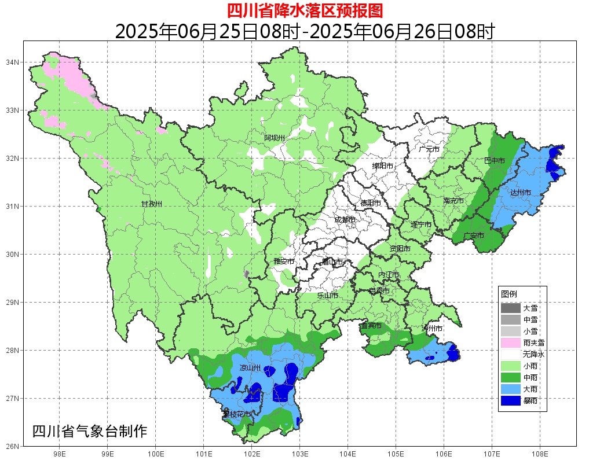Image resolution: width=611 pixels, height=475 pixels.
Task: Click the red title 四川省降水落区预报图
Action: [x=305, y=10]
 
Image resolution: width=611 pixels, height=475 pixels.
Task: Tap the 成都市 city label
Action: [x=346, y=219]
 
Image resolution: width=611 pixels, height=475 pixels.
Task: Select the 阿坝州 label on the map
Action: [x=275, y=138]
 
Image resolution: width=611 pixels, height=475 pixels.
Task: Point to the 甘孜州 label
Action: [x=152, y=204]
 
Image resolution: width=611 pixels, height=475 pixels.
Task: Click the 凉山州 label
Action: [x=250, y=368]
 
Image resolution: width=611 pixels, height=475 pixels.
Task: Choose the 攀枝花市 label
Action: [x=237, y=414]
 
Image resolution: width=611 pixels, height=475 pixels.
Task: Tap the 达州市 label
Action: [x=520, y=192]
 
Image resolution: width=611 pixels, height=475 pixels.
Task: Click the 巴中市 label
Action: [x=494, y=160]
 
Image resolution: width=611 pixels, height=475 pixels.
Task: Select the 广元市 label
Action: [x=429, y=149]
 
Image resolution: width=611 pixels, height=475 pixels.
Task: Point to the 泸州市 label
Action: [x=432, y=328]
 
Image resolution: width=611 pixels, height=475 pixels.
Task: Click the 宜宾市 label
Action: [x=371, y=326]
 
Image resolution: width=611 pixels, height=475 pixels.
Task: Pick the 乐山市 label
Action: [x=327, y=295]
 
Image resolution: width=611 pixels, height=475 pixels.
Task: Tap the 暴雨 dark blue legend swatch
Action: [x=510, y=400]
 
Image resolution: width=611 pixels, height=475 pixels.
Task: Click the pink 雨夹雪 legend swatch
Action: [x=510, y=343]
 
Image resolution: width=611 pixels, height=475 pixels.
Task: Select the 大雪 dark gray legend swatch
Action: [x=510, y=308]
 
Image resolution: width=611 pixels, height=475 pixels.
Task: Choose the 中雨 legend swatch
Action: [x=510, y=377]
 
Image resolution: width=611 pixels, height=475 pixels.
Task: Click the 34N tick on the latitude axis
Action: [x=13, y=62]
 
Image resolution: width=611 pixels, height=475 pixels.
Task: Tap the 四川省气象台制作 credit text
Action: [x=90, y=432]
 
